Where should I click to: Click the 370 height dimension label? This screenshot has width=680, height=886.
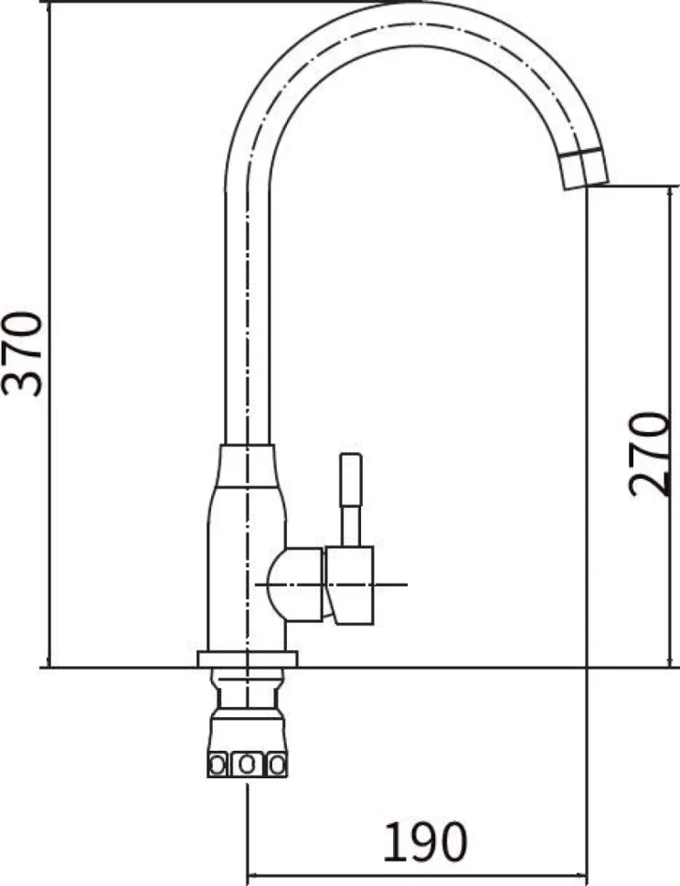point(22,353)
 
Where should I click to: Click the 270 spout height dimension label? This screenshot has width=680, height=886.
point(648,454)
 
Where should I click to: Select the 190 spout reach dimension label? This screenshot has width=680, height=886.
point(426,842)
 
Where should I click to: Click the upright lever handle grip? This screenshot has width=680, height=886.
point(350,480)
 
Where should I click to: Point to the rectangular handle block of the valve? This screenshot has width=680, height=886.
point(350,585)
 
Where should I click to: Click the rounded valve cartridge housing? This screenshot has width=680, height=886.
point(295,585)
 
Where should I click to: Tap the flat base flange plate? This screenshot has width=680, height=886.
point(247,659)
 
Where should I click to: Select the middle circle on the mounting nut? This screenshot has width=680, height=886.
point(247,765)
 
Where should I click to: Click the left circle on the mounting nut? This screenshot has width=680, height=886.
point(218,765)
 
